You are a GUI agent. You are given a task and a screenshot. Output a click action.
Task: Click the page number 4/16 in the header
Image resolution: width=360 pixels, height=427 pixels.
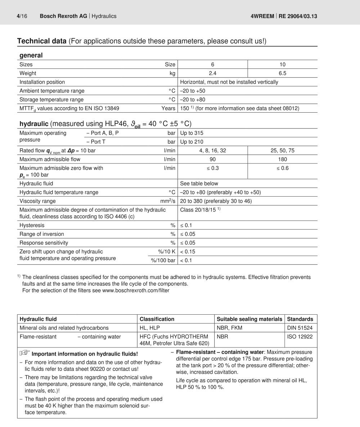pyautogui.click(x=22, y=16)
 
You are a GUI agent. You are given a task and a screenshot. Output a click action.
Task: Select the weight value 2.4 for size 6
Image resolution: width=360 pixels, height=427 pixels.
pyautogui.click(x=212, y=73)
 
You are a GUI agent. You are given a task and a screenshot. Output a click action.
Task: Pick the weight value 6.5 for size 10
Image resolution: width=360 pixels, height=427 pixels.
pyautogui.click(x=283, y=73)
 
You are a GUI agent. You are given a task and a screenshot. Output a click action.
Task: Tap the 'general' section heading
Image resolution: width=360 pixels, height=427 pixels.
pyautogui.click(x=31, y=55)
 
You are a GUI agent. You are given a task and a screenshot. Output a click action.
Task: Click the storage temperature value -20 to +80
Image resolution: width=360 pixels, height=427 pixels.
pyautogui.click(x=193, y=99)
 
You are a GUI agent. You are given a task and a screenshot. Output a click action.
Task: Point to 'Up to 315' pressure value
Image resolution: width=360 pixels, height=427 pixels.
pyautogui.click(x=192, y=133)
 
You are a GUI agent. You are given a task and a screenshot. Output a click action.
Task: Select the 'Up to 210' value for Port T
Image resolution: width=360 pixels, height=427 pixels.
pyautogui.click(x=192, y=142)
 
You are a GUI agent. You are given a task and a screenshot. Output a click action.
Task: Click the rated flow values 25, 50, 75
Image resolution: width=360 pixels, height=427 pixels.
pyautogui.click(x=282, y=150)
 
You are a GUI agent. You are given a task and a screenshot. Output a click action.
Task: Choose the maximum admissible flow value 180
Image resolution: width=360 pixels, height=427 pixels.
pyautogui.click(x=283, y=159)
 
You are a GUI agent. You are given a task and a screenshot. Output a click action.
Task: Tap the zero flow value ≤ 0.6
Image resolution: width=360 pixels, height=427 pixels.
pyautogui.click(x=283, y=168)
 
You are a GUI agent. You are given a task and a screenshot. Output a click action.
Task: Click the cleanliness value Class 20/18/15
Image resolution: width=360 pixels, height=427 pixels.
pyautogui.click(x=198, y=210)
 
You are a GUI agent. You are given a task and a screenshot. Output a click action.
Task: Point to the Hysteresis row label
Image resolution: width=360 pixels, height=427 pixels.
pyautogui.click(x=32, y=225)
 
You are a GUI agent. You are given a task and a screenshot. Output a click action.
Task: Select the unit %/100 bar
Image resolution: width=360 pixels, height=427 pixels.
pyautogui.click(x=163, y=260)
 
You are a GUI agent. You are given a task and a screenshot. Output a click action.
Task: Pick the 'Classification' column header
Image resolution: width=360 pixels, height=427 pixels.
pyautogui.click(x=157, y=319)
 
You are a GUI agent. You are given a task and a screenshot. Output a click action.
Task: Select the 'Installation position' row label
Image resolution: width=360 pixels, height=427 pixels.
pyautogui.click(x=42, y=82)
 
